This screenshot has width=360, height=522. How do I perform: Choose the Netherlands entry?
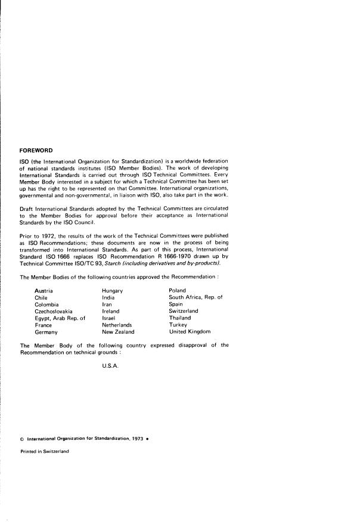pos(117,325)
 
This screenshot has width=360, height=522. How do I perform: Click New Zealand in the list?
pos(119,332)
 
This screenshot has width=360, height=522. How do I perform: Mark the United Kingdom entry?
pos(190,332)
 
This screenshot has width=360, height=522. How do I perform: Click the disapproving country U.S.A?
pos(111,365)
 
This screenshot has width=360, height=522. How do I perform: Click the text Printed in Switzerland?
pos(45,451)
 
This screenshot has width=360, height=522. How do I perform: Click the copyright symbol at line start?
pos(22,439)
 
